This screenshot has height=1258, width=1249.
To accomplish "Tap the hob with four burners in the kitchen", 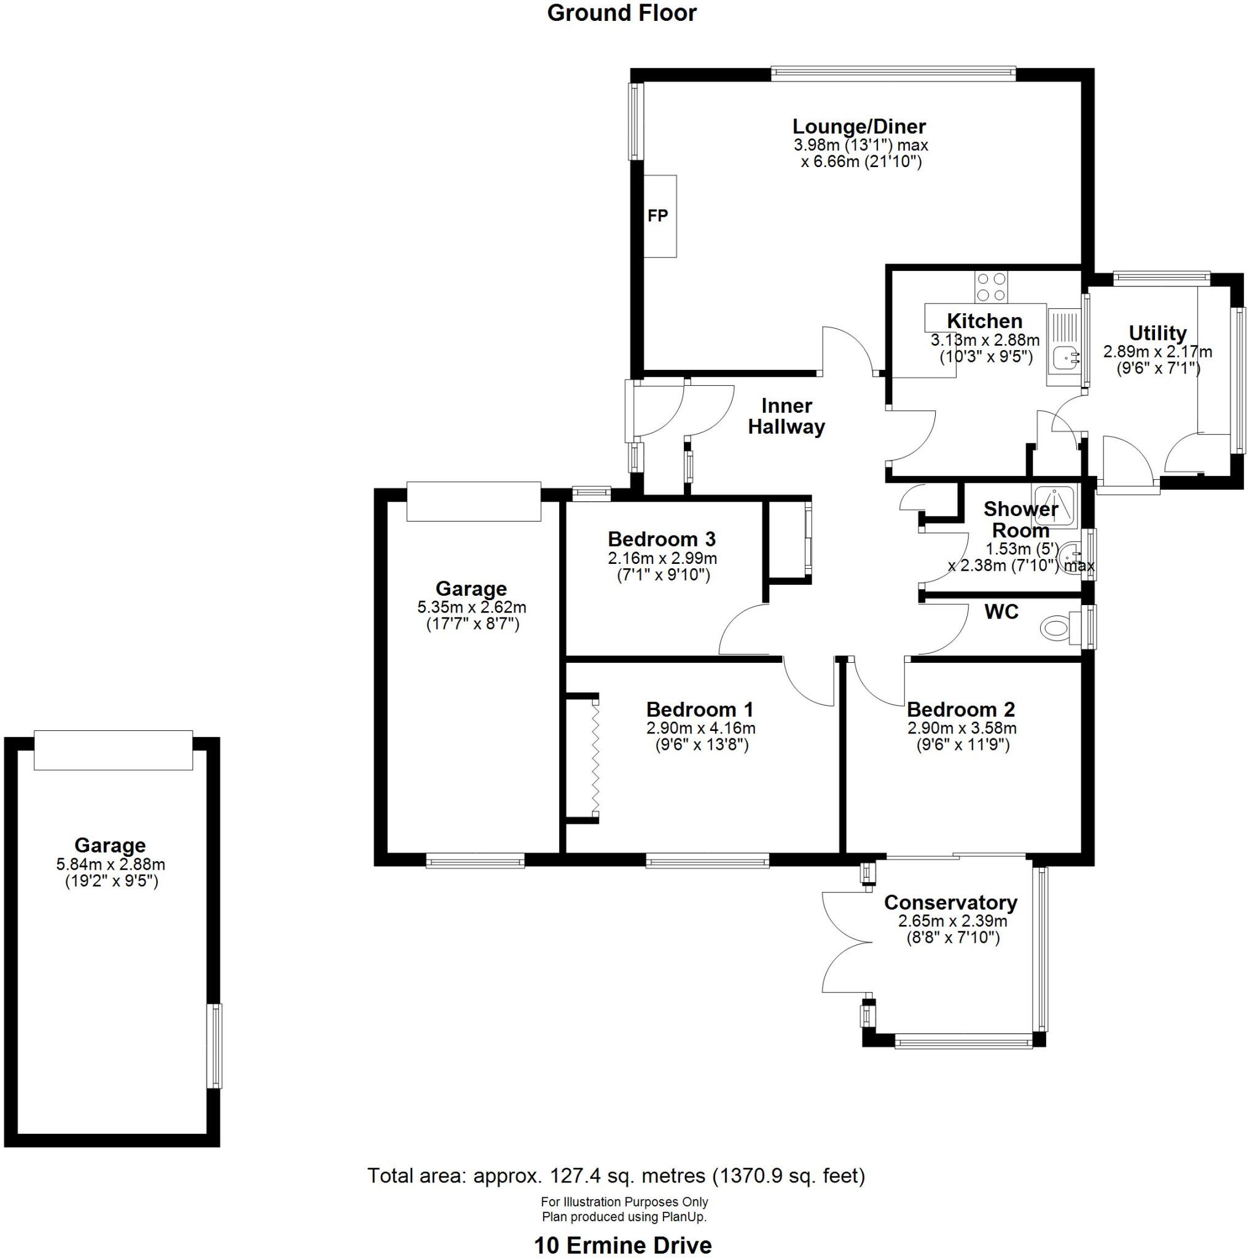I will pos(990,287).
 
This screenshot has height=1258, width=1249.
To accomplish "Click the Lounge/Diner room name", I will pos(858,127).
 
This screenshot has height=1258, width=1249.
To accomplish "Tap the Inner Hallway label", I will pos(786,416).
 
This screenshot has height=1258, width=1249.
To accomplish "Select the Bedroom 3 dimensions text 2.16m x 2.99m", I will pos(662,558).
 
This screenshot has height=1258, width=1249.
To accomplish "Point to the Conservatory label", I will pos(950,902).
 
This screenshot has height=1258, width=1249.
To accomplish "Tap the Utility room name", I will pos(1157,333).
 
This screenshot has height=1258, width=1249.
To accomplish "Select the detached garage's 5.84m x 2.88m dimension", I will pos(111,865).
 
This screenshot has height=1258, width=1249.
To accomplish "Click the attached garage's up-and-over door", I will pos(474,501).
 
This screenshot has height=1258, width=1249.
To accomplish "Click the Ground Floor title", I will pos(621,13).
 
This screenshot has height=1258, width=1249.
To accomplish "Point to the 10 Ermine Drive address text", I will pos(622,1245).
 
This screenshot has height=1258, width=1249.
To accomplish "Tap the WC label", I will pos(1001,612).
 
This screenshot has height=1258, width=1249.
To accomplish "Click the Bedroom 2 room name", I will pos(960,709).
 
